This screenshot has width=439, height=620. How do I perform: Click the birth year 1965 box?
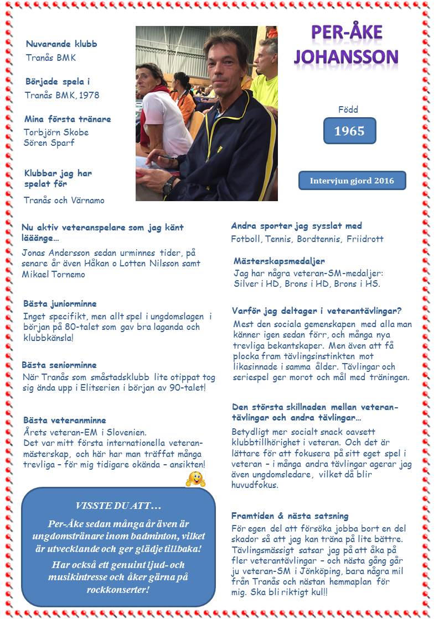pyautogui.click(x=349, y=131)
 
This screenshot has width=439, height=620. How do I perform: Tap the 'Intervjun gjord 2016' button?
pyautogui.click(x=352, y=181)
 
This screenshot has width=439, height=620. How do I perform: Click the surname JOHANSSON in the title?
pyautogui.click(x=346, y=57)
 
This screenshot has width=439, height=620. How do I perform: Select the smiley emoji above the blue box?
pyautogui.click(x=195, y=479)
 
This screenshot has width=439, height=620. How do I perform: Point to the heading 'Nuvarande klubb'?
pyautogui.click(x=61, y=44)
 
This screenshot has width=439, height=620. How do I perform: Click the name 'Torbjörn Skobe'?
pyautogui.click(x=56, y=132)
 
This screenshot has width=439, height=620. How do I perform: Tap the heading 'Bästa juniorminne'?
pyautogui.click(x=60, y=304)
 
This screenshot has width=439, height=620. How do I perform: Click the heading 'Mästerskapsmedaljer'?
pyautogui.click(x=279, y=261)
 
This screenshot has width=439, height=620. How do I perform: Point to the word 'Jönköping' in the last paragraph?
pyautogui.click(x=321, y=571)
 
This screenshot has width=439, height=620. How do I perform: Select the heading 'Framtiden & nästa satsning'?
pyautogui.click(x=290, y=516)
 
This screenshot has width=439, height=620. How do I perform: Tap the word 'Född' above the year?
pyautogui.click(x=348, y=109)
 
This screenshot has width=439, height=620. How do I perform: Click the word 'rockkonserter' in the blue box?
pyautogui.click(x=117, y=590)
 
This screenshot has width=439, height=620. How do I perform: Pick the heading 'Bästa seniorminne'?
pyautogui.click(x=59, y=365)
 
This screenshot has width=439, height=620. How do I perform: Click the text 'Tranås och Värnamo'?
pyautogui.click(x=64, y=201)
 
